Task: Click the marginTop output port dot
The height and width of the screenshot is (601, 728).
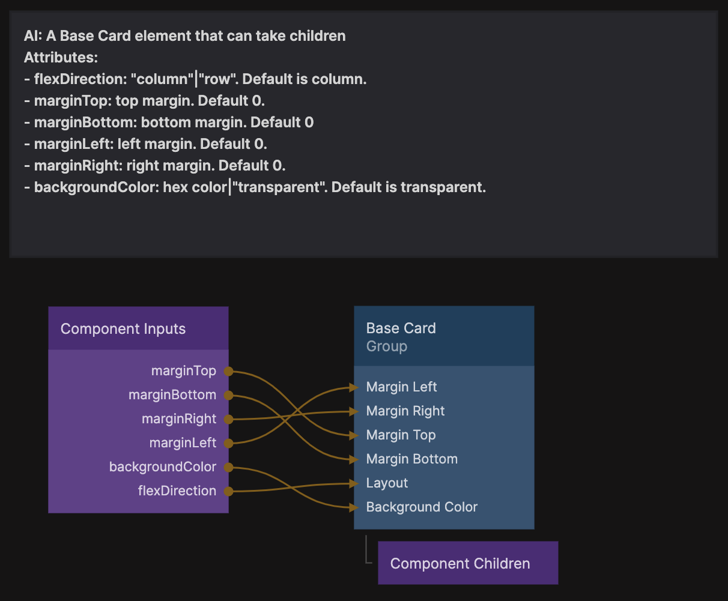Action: point(228,371)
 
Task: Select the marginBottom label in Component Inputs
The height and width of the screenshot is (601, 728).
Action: point(172,395)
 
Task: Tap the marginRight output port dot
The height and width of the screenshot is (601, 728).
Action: point(228,419)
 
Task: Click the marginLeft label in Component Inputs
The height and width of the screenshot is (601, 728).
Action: point(183,443)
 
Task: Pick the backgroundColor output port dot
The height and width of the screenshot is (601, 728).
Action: point(228,467)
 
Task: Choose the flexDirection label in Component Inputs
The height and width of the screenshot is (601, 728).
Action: point(177,491)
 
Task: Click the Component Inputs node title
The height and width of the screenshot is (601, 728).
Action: point(123,329)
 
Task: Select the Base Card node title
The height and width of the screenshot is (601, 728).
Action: point(401,328)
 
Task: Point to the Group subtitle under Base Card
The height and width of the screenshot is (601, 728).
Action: point(387,346)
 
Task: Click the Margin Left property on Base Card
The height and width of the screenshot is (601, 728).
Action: point(402,387)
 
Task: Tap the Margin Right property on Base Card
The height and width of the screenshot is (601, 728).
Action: point(405,411)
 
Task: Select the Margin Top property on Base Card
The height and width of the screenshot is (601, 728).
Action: point(401,435)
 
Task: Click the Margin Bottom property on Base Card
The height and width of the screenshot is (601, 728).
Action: point(412,459)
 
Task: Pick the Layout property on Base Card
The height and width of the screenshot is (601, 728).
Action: point(387,483)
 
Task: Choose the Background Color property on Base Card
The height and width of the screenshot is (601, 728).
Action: point(422,507)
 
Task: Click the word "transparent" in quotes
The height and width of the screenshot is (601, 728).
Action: point(278,187)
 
